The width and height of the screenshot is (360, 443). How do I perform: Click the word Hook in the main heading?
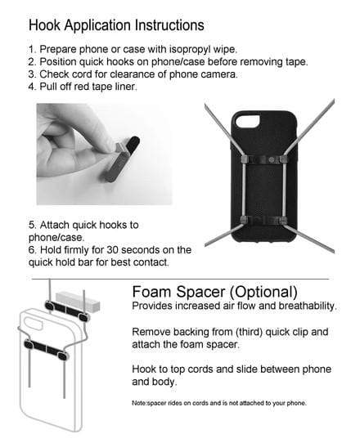click(x=44, y=25)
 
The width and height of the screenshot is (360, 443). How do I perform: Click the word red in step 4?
click(x=82, y=87)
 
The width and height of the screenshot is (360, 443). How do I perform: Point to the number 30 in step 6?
click(x=113, y=250)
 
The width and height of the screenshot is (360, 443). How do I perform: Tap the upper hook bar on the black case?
click(x=263, y=159)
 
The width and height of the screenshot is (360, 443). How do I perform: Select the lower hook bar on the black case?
click(x=263, y=221)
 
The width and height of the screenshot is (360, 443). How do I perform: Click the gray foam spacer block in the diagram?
click(x=78, y=302)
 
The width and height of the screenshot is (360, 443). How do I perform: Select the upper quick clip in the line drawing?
click(x=67, y=311)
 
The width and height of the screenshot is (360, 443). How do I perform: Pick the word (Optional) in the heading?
click(x=263, y=292)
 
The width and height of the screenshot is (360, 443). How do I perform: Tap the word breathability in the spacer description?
click(x=308, y=306)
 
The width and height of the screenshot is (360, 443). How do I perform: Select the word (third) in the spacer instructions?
click(x=249, y=332)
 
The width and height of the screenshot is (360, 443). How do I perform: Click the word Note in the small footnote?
click(x=139, y=403)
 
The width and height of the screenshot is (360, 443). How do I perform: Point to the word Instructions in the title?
click(x=169, y=25)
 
